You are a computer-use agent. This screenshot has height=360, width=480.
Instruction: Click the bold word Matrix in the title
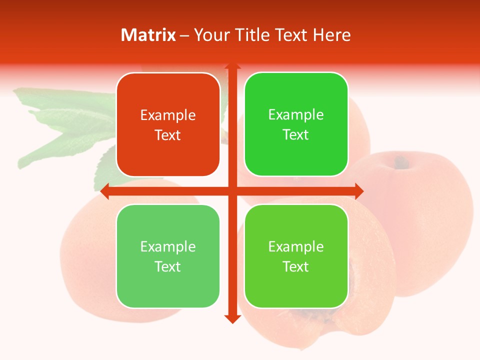148,35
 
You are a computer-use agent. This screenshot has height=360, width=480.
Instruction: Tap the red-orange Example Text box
168,124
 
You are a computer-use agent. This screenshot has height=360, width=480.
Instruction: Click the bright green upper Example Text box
296,124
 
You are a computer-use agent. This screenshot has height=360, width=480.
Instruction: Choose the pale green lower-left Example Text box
168,256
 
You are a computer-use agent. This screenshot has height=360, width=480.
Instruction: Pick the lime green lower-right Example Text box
296,256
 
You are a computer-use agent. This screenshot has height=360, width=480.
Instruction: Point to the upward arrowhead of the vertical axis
232,66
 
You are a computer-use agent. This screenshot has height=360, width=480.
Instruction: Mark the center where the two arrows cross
232,191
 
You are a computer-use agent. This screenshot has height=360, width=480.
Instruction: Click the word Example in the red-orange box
168,115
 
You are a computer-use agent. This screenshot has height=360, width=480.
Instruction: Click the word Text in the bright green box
296,135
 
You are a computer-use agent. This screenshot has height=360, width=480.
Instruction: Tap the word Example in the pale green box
168,246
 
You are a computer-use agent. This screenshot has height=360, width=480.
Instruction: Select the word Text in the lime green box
296,266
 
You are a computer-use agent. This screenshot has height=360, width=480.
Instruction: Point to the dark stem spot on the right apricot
400,162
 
